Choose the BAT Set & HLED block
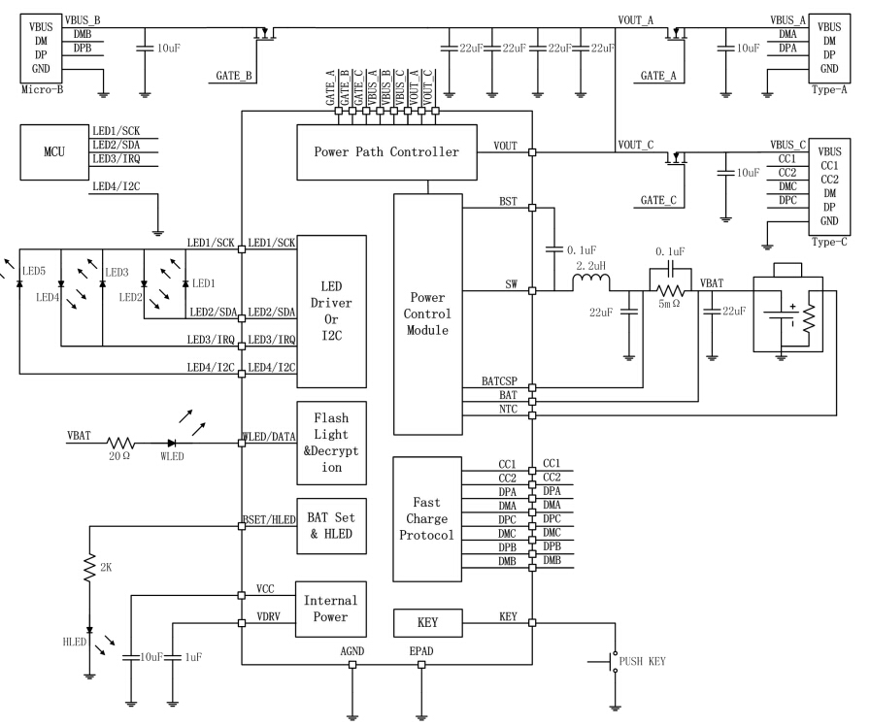331,525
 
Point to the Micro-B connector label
42,88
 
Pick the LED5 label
36,271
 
